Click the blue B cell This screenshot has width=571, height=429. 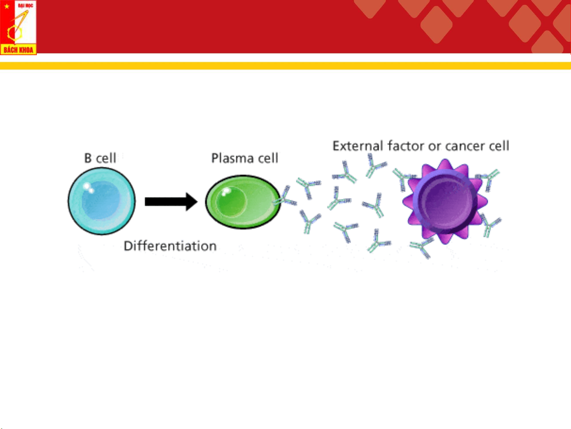tap(101, 201)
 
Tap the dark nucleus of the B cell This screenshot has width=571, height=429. tap(101, 200)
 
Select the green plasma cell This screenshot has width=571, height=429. tap(243, 202)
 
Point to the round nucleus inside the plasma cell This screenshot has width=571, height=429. tap(231, 202)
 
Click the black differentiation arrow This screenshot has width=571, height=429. tap(171, 202)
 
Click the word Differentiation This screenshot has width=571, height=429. tap(170, 246)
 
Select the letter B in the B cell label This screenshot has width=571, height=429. tap(88, 158)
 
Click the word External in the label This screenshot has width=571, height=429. tap(358, 146)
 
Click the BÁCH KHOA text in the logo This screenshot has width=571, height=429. tap(18, 50)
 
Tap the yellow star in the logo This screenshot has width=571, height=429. tap(7, 6)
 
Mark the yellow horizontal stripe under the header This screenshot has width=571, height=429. tap(285, 65)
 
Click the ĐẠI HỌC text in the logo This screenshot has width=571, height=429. tap(25, 5)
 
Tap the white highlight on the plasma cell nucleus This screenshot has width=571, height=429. tap(225, 191)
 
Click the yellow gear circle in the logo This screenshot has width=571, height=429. tap(15, 33)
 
